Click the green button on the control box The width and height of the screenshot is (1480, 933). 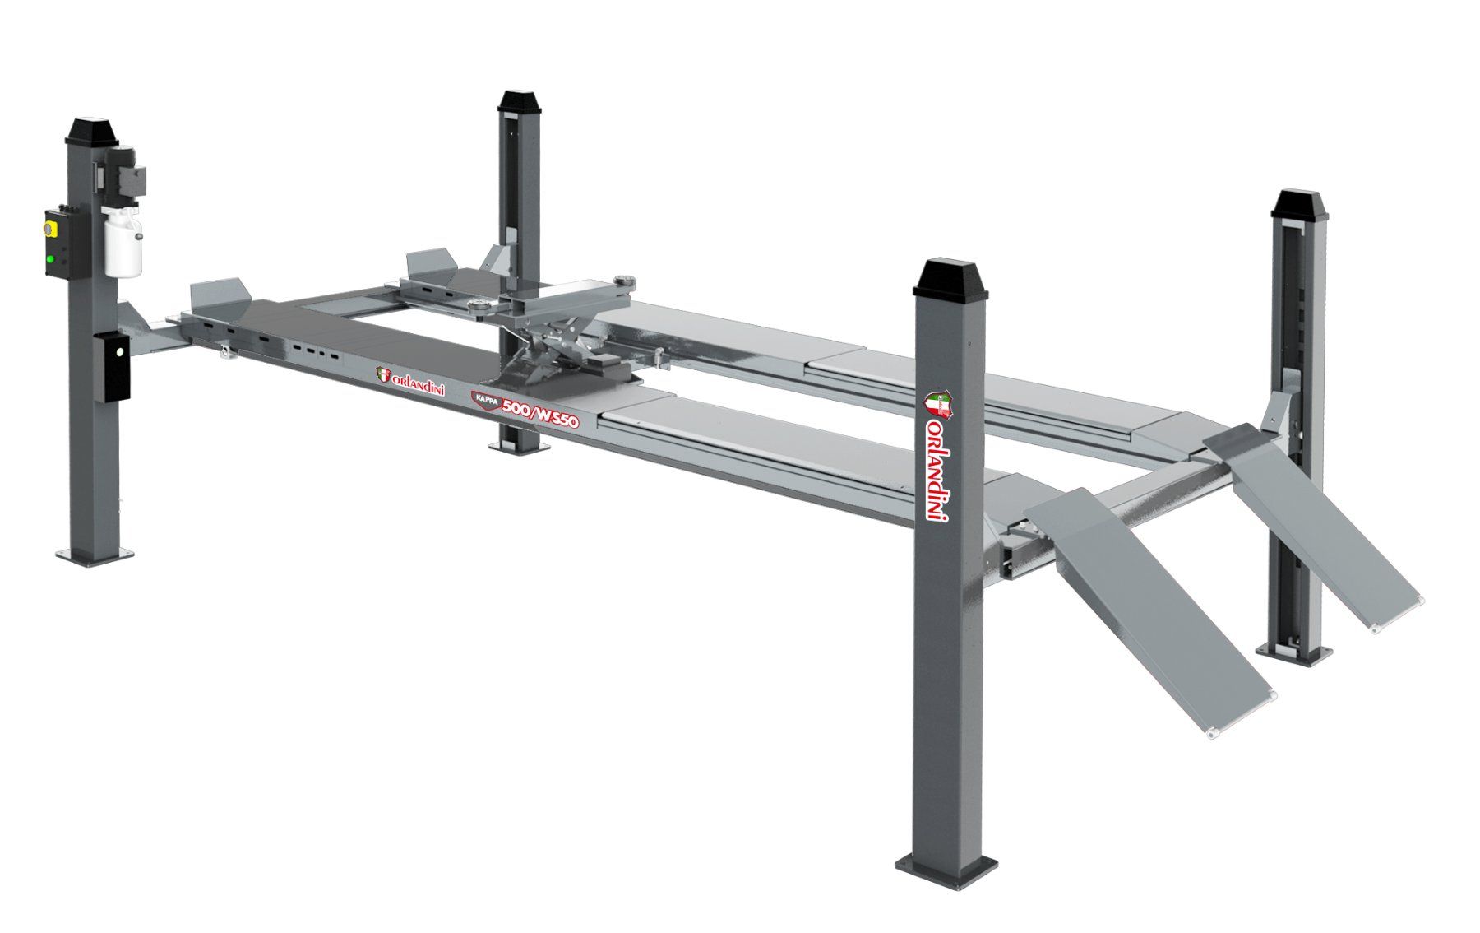click(x=51, y=259)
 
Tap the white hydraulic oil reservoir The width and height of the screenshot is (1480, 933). click(x=123, y=240)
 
